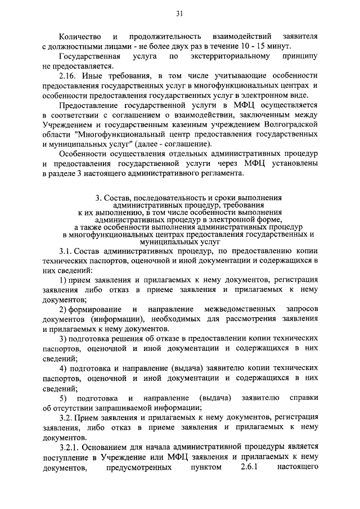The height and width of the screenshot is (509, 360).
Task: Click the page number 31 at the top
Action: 179,13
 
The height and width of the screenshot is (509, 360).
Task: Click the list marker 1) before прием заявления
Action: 64,280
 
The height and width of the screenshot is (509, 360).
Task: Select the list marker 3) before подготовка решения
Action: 64,339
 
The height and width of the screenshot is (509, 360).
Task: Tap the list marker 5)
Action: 64,398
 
